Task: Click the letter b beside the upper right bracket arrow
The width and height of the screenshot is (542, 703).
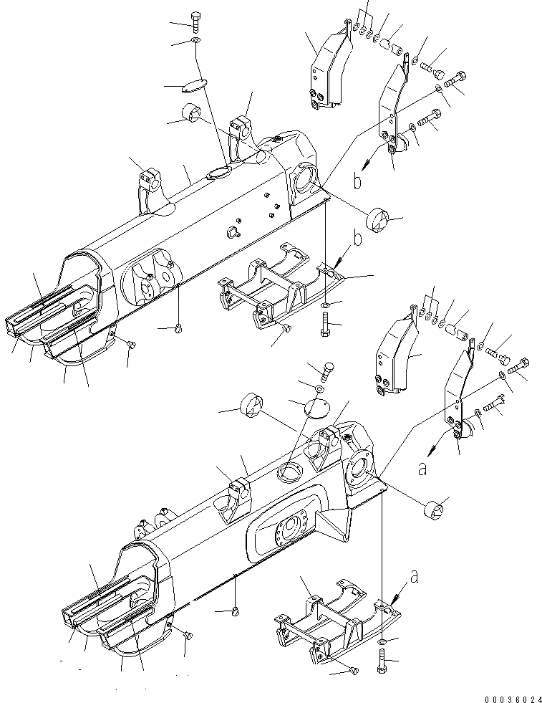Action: pyautogui.click(x=357, y=182)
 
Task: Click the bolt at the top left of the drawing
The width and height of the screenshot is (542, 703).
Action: pyautogui.click(x=196, y=19)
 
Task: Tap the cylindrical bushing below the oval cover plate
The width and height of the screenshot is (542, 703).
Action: pyautogui.click(x=193, y=113)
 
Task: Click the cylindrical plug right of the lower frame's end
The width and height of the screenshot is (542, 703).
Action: pyautogui.click(x=435, y=512)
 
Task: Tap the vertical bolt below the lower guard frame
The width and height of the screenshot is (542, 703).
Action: pyautogui.click(x=381, y=660)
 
